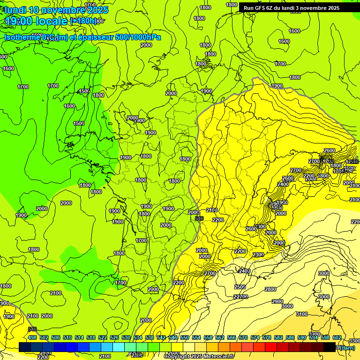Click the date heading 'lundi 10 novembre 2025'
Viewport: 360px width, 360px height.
[x=56, y=10]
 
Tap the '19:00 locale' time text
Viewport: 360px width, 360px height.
[x=36, y=21]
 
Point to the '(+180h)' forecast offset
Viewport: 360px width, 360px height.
[x=84, y=21]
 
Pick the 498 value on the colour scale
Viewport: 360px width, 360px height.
[x=32, y=337]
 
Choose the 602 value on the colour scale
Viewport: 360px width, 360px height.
[x=337, y=337]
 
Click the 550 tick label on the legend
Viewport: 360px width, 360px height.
[x=185, y=337]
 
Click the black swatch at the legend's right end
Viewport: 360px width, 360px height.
[x=330, y=347]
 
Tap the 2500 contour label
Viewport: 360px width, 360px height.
[x=240, y=287]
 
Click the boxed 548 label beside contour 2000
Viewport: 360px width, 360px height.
[x=199, y=218]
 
